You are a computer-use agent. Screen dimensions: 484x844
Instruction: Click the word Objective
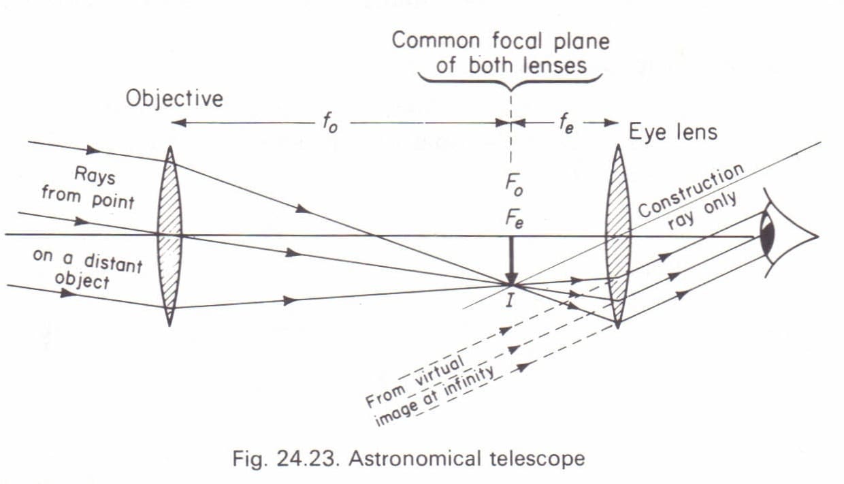[x=174, y=99]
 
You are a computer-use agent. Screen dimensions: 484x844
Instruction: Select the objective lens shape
[x=169, y=236]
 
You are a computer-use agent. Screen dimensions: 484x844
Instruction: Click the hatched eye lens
[x=618, y=236]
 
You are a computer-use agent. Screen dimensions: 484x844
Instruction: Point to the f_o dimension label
[x=329, y=125]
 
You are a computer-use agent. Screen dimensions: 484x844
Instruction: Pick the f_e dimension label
[x=565, y=125]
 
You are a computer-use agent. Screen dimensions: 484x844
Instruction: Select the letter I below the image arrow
[x=510, y=300]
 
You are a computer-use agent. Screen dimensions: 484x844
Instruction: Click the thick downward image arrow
[x=511, y=261]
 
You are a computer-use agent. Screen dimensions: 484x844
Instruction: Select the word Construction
[x=689, y=190]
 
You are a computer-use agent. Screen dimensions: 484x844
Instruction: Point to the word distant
[x=114, y=261]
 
